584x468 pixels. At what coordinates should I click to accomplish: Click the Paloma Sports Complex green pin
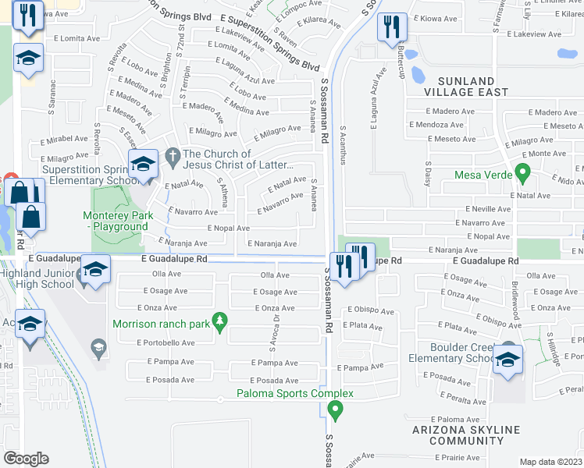tap(336, 409)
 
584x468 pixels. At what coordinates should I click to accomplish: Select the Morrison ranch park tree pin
tap(220, 320)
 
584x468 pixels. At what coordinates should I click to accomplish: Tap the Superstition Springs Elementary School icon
tap(144, 165)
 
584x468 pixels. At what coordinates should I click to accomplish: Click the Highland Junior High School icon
tap(96, 270)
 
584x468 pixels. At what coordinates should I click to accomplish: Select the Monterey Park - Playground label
tap(116, 221)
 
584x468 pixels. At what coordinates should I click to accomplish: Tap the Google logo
tap(26, 458)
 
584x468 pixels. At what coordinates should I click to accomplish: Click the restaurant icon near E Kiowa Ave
tap(390, 29)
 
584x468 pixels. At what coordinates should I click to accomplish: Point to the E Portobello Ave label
tap(166, 342)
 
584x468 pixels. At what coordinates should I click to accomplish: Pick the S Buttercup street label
tap(401, 58)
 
